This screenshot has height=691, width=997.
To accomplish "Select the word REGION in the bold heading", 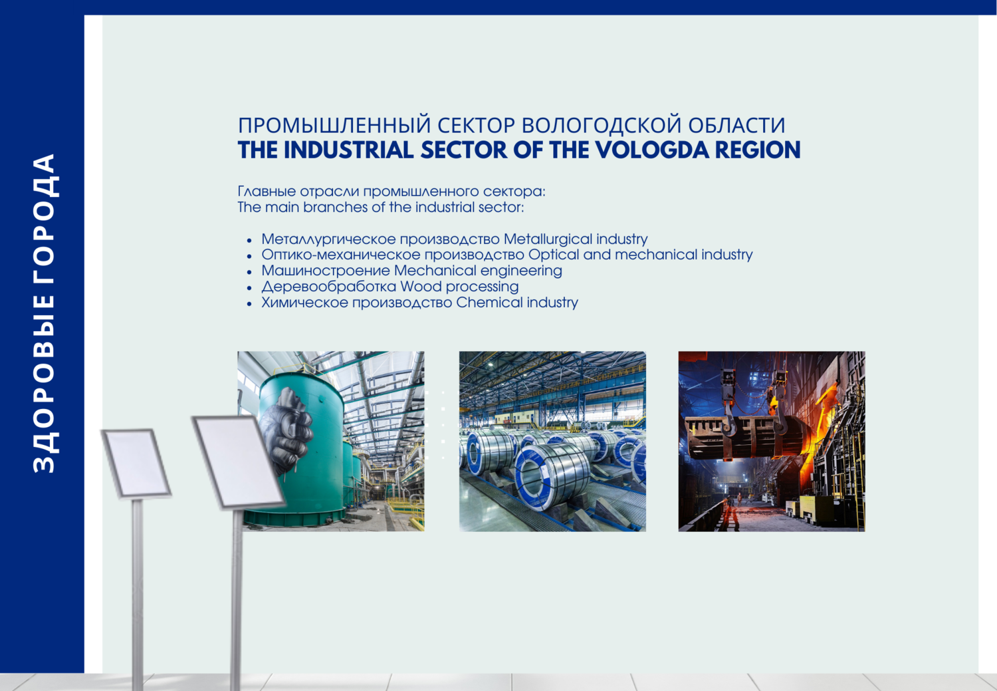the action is click(x=758, y=150).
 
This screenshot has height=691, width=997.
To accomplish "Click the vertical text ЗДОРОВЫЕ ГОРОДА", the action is click(x=44, y=313).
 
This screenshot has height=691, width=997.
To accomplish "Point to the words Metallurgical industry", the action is click(x=576, y=239).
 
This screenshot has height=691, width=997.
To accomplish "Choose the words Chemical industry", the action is click(x=516, y=303).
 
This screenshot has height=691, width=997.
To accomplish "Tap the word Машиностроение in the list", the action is click(x=326, y=271).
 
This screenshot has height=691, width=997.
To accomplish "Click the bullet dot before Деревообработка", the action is click(x=249, y=288).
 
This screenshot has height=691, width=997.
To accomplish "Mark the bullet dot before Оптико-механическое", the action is click(x=249, y=256).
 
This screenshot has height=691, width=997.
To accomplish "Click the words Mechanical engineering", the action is click(x=478, y=271).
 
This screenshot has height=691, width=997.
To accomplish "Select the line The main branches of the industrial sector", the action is click(x=381, y=207).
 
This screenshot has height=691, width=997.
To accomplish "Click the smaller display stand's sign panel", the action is click(x=136, y=463).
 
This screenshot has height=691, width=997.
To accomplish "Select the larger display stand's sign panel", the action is click(x=238, y=462).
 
